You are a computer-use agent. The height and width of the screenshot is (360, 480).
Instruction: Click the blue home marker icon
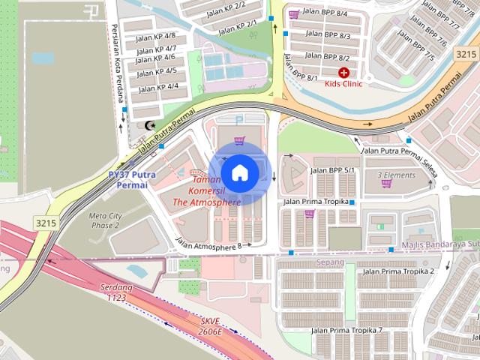239,172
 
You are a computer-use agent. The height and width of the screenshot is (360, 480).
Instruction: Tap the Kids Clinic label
343,84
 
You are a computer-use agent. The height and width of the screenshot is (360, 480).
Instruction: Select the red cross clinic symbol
343,73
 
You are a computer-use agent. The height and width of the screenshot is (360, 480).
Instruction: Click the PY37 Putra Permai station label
131,179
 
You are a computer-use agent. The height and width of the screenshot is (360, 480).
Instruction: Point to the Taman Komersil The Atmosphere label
207,191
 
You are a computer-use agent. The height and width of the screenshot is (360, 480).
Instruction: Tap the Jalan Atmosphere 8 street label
208,244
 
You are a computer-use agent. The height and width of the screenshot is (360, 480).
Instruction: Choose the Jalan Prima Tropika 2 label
398,271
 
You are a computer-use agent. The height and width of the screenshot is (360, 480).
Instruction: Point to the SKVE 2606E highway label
211,326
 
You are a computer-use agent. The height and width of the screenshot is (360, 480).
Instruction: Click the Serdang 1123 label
115,292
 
